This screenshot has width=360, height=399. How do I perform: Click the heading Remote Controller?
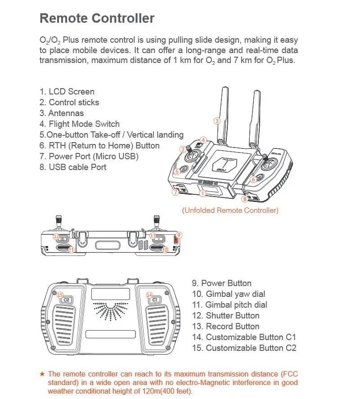97,18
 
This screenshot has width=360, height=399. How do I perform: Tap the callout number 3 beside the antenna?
217,121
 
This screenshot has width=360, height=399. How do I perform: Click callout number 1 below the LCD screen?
203,193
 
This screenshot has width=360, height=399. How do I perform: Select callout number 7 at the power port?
175,192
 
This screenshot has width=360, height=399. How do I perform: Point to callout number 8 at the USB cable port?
244,198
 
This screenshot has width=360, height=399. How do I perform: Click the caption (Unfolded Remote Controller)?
230,210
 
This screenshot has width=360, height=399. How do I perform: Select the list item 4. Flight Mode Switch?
79,124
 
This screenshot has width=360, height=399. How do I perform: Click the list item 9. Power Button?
221,283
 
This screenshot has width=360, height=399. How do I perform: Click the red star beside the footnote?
42,374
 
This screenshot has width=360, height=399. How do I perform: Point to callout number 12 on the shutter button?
56,236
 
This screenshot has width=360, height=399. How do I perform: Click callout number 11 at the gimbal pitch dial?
71,250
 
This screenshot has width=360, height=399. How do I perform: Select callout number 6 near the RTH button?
253,179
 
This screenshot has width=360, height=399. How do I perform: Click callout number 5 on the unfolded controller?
177,171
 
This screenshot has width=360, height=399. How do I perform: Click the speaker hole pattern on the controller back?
109,310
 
